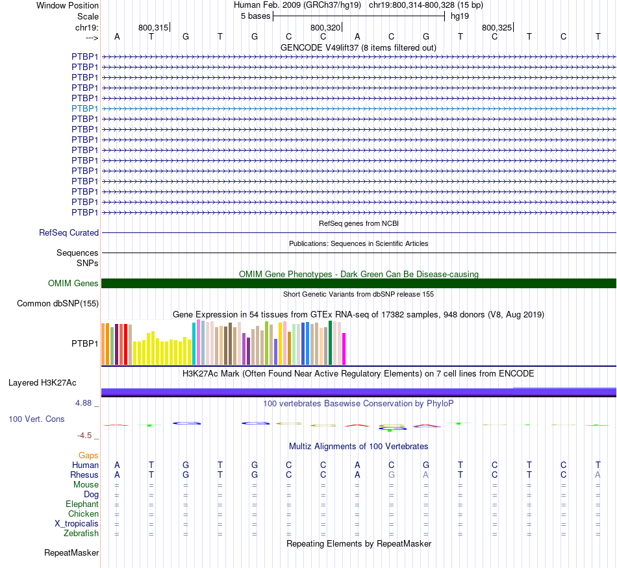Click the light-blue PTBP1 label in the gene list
coord(85,108)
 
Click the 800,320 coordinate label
coord(325,27)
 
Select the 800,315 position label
coord(153,27)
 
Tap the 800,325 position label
coord(497,27)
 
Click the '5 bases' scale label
coord(255,16)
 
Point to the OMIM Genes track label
coord(73,283)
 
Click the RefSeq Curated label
coord(69,232)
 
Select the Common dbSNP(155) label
coord(58,303)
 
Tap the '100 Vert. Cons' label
coord(36,419)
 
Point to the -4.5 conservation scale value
coord(85,436)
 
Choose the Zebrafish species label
coord(81,534)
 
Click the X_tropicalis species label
coord(77,524)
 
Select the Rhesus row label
coord(84,475)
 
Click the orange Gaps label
coord(88,455)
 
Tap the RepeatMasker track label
coord(71,553)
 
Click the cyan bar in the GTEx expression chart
coord(194,343)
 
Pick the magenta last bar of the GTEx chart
coord(344,349)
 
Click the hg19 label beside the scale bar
coord(460,16)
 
